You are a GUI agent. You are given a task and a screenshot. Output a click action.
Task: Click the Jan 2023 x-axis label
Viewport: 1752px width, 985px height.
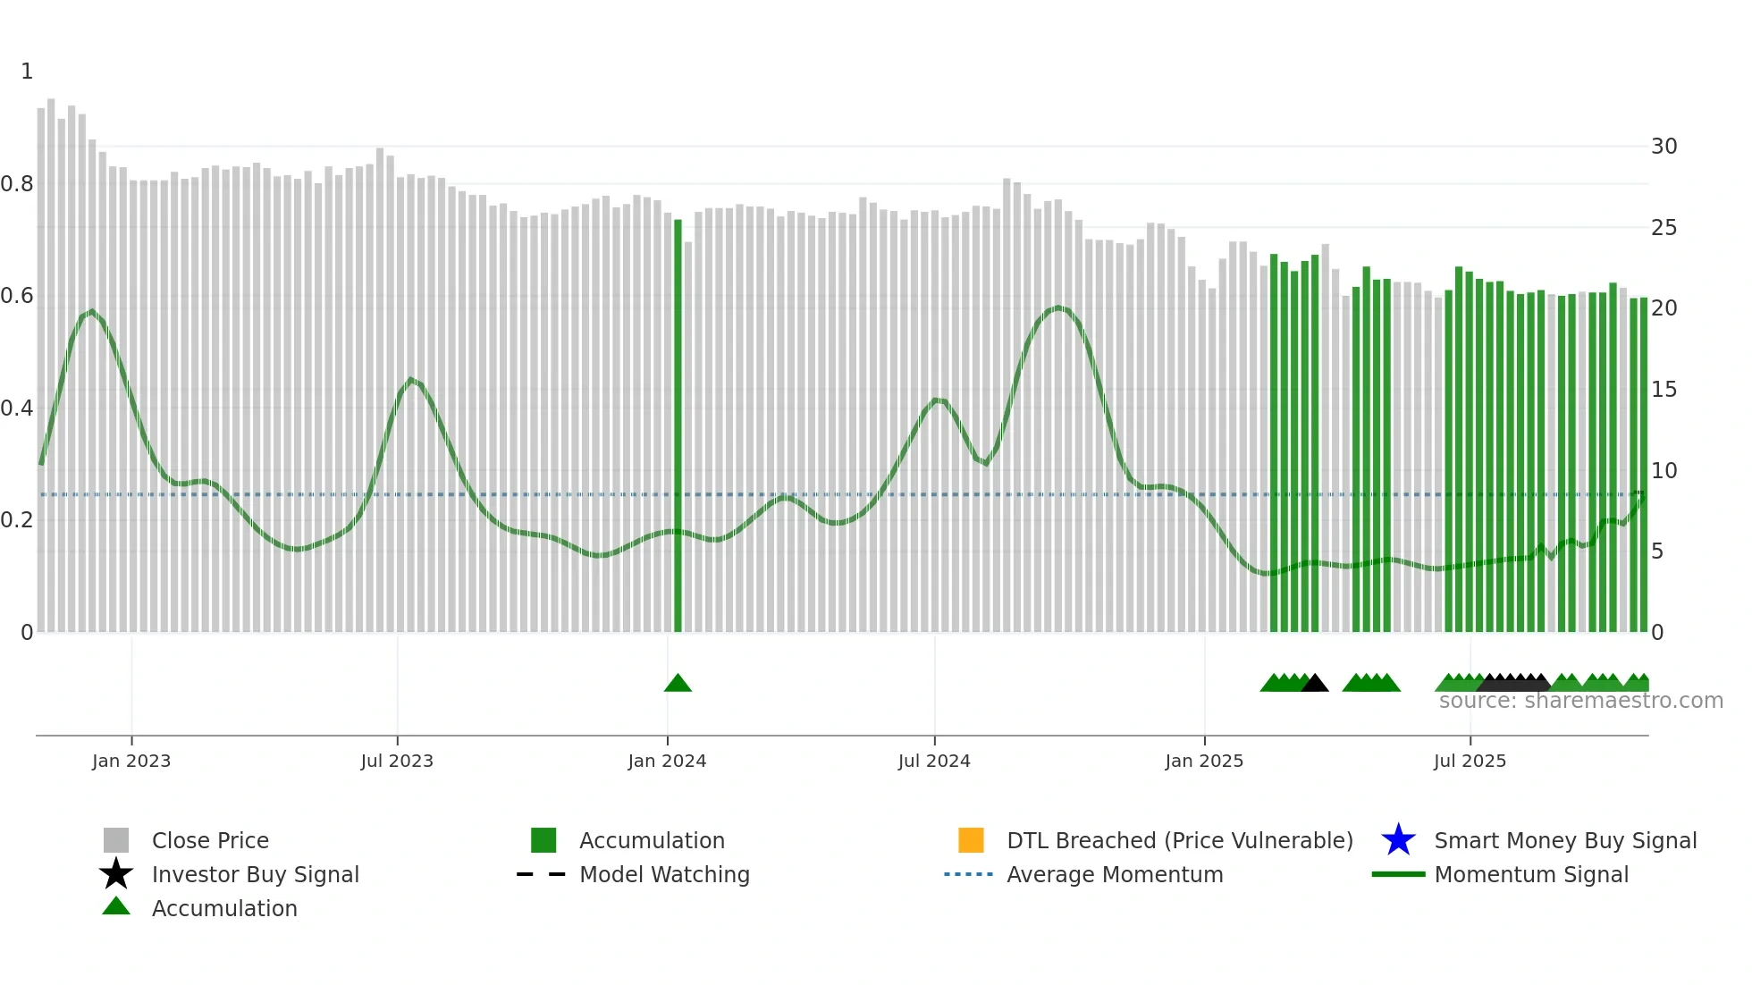point(131,761)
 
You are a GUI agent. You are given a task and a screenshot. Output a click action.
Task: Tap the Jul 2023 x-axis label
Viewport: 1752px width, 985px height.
point(397,761)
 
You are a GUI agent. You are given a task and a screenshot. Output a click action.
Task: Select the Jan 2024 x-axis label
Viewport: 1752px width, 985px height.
point(667,761)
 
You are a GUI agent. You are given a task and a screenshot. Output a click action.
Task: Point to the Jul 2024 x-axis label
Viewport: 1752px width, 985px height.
point(934,761)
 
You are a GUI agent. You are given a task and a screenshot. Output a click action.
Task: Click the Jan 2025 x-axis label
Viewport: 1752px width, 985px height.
point(1204,761)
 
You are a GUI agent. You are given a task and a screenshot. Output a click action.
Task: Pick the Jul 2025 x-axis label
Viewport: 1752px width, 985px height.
point(1470,761)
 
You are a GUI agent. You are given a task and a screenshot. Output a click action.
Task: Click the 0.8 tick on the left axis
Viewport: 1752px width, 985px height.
point(17,184)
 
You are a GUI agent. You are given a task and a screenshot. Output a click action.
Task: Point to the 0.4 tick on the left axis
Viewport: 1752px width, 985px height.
point(17,408)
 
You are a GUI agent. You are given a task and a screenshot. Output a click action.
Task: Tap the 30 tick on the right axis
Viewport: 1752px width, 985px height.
point(1664,147)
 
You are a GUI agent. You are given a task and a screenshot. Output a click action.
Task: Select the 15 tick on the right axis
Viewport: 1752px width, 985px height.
point(1664,390)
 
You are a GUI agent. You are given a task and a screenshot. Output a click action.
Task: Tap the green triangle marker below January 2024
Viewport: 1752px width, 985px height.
point(678,684)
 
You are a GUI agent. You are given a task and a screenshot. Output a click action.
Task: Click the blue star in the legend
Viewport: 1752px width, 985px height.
point(1398,840)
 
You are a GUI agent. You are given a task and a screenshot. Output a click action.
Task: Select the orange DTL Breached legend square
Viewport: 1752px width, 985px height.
point(971,840)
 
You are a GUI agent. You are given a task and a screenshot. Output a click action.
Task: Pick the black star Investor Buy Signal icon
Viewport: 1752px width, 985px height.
point(116,874)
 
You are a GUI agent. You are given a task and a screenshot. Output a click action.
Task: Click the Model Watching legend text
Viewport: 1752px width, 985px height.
point(664,874)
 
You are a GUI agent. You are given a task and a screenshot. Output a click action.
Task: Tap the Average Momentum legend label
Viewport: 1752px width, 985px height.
point(1115,874)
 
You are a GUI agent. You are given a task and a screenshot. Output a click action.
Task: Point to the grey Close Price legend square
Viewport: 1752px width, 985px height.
point(116,840)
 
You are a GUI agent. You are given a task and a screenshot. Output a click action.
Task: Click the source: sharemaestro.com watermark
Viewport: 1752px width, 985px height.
point(1580,701)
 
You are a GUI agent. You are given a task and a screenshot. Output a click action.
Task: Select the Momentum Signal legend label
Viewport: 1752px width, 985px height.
point(1531,874)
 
